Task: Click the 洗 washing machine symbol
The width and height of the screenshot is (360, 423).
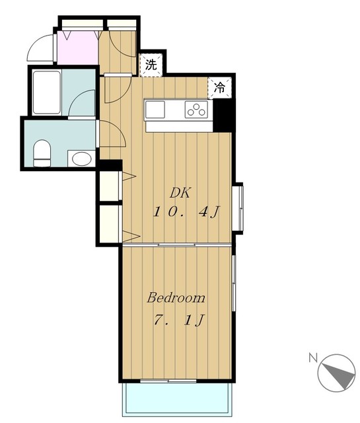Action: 151,65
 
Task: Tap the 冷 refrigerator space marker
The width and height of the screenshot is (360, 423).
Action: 219,87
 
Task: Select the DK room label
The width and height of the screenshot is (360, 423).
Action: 180,193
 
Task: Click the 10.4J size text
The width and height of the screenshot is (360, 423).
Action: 186,211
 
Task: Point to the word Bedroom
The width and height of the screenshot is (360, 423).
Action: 176,297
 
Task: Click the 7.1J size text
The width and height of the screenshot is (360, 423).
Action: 179,320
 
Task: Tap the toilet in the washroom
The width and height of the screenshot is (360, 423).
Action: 42,153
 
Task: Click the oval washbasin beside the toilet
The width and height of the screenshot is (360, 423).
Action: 81,159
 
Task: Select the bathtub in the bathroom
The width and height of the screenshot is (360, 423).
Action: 46,93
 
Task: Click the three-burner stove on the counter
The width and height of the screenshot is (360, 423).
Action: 196,110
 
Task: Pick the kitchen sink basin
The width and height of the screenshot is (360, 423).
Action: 155,110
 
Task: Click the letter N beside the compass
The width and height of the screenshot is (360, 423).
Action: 313,358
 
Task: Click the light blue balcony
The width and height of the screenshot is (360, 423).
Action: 178,398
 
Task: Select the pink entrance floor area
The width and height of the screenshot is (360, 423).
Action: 78,48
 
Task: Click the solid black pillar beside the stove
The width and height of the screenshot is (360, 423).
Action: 224,116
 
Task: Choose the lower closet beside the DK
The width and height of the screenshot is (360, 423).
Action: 110,224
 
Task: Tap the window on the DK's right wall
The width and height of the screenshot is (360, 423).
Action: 238,207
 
